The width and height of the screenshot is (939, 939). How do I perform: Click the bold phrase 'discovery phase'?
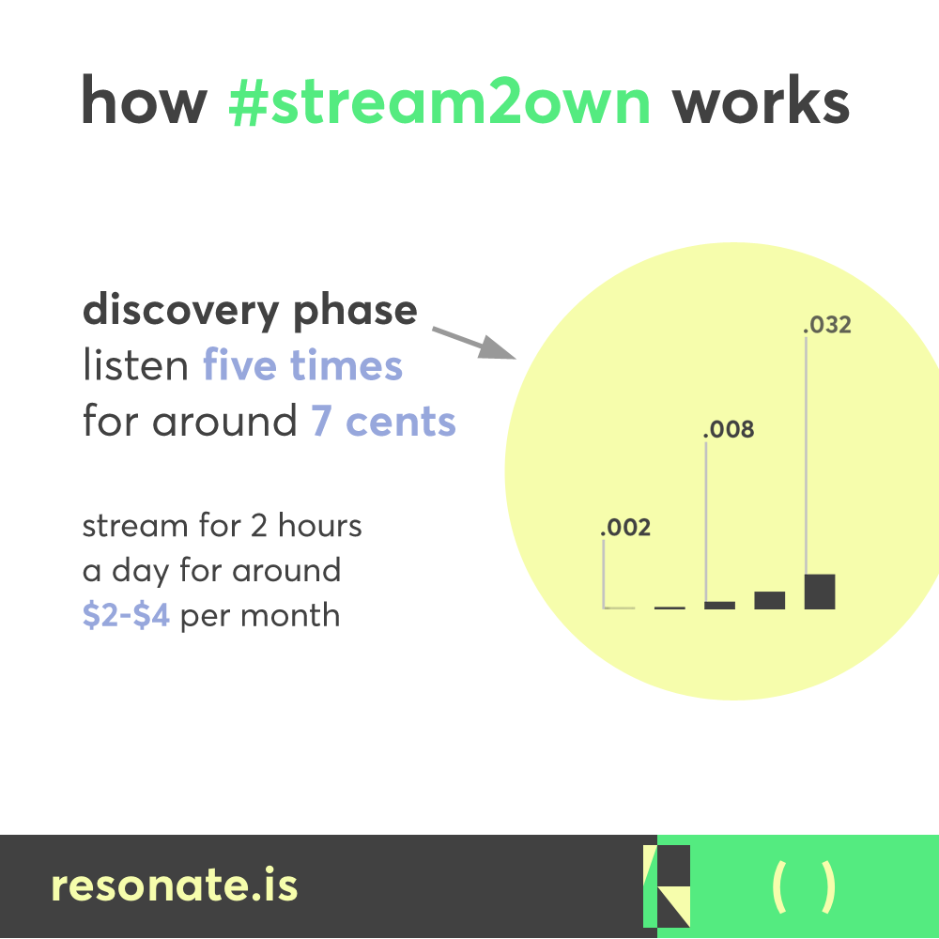250,310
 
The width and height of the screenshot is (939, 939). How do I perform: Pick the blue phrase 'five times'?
302,365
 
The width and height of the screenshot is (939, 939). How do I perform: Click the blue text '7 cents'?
383,422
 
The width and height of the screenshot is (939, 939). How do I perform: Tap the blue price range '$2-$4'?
126,616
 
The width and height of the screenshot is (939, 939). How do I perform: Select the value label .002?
625,528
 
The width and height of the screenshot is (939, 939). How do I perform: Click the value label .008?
730,430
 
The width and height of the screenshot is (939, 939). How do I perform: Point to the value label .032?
826,326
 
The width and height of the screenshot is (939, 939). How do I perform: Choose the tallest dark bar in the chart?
820,592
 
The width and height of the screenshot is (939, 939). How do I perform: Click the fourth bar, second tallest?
770,600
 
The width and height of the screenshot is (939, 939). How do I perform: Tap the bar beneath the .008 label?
719,605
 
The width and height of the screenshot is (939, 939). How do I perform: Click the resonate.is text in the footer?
174,885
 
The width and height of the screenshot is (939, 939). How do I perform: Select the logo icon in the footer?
667,885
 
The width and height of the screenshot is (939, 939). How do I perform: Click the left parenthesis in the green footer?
777,886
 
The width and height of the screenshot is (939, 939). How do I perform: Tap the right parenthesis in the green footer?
827,886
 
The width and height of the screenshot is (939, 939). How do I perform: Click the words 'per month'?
260,616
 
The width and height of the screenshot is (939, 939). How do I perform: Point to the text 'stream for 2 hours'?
222,526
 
